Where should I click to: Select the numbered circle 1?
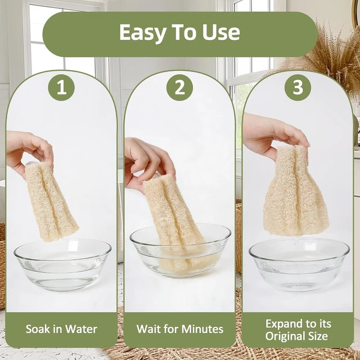coord(61,88)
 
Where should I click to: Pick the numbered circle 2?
coord(180,88)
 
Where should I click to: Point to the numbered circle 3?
coord(298,88)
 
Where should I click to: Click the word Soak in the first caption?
coord(37,329)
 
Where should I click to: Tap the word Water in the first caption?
coord(83,329)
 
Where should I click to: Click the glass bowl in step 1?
coord(62,265)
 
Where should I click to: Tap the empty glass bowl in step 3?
coord(299,264)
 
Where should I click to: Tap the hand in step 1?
coord(28,151)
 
